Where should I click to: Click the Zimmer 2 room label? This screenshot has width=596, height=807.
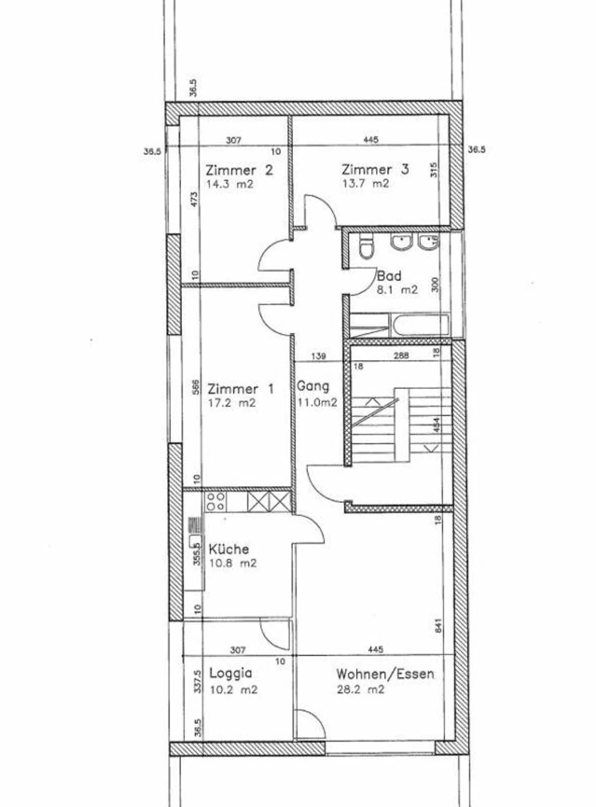[239, 170]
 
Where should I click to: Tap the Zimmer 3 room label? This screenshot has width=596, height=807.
[375, 169]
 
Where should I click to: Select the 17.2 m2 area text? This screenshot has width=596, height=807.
[231, 403]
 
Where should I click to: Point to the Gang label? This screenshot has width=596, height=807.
[313, 386]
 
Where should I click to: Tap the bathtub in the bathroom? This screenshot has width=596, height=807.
[421, 325]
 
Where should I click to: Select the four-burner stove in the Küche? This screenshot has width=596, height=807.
[216, 501]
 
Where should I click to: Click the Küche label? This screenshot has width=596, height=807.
[229, 549]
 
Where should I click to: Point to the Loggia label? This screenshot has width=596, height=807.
[231, 673]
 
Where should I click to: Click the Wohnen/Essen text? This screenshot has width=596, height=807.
[385, 674]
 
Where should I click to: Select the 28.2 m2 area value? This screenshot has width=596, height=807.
[360, 689]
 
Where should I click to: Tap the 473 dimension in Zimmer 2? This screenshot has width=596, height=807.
[195, 199]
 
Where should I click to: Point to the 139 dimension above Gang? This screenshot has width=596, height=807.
[318, 356]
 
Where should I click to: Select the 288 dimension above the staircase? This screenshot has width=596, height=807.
[401, 355]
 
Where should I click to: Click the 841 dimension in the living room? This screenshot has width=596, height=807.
[438, 625]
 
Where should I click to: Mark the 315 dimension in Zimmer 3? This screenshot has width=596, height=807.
[433, 170]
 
